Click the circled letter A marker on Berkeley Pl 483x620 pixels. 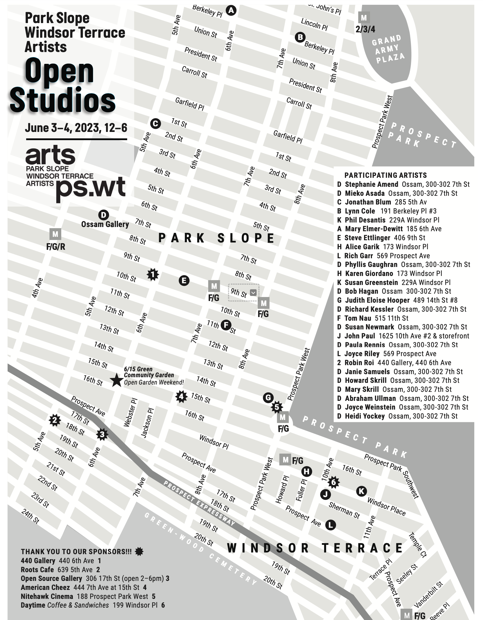231,10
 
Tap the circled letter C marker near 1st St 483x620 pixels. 155,123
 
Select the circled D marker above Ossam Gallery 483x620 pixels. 103,215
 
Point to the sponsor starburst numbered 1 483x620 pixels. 153,275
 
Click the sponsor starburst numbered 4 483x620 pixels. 181,397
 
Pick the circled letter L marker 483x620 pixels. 330,525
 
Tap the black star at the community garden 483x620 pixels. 116,380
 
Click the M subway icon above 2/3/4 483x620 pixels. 364,18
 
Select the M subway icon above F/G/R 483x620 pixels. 55,234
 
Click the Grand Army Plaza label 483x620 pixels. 388,49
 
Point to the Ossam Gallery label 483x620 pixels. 105,224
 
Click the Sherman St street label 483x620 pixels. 344,510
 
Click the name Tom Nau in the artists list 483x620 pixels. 358,318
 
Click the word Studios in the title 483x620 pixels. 62,100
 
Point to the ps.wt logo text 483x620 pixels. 91,187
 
